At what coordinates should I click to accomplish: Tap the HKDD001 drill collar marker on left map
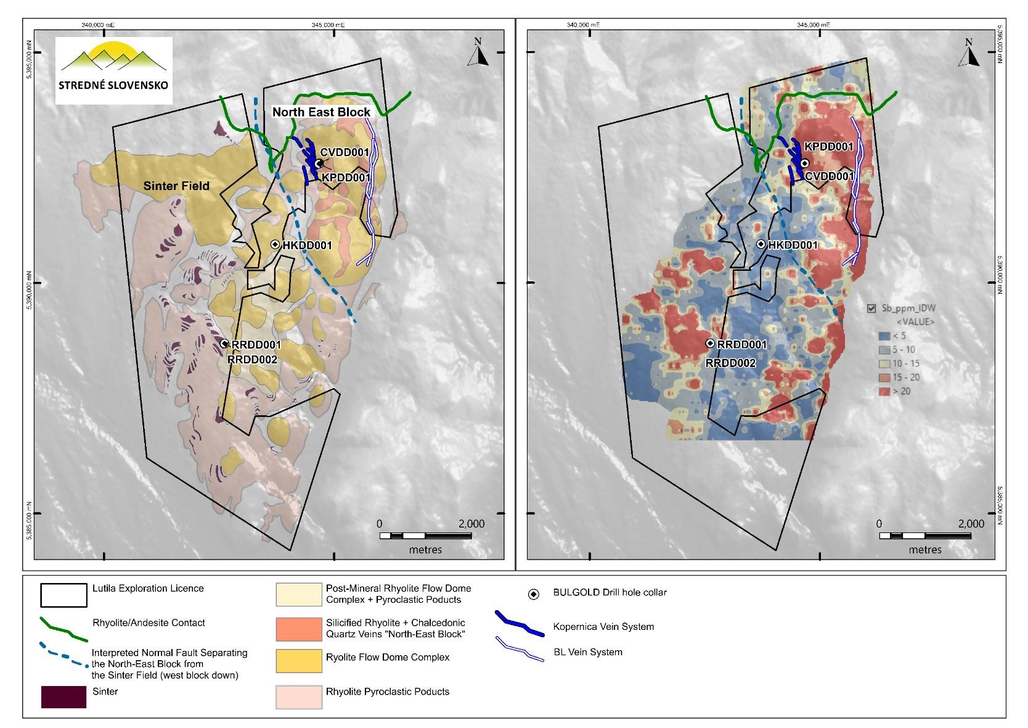point(275,244)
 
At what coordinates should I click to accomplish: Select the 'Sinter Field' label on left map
point(176,186)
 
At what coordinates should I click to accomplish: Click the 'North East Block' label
point(321,112)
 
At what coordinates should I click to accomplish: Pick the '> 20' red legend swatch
point(883,391)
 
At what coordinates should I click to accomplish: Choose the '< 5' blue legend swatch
point(883,336)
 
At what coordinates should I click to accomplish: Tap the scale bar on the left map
point(425,536)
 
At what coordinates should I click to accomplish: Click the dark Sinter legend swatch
point(63,697)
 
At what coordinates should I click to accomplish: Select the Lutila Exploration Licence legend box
point(63,595)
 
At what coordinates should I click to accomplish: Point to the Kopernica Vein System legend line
point(519,623)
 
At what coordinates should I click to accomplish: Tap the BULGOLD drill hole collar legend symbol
point(534,594)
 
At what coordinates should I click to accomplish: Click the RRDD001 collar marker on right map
point(710,343)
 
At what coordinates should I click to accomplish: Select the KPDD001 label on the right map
point(828,147)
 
